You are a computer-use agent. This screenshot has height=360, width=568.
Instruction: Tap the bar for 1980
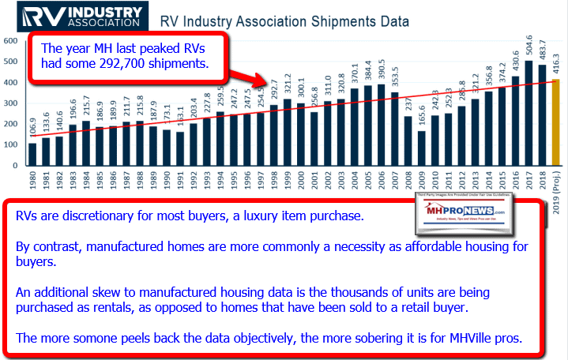coord(33,155)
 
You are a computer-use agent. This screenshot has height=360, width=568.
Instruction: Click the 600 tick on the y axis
coord(12,40)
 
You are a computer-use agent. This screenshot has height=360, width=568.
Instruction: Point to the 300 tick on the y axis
coord(12,103)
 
